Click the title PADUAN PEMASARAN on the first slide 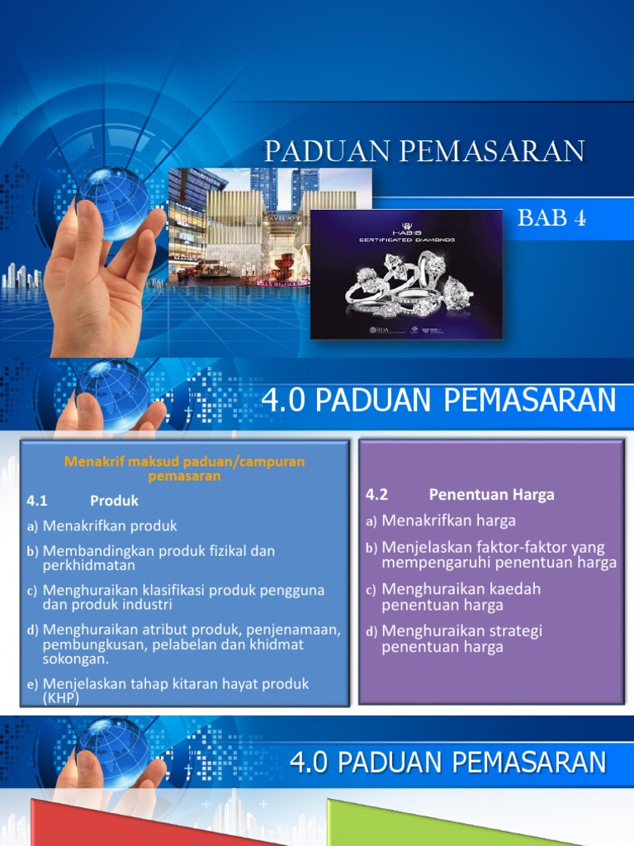[x=424, y=151]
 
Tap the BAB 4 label [x=551, y=218]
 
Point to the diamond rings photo [x=406, y=274]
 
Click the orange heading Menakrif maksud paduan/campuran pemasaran [x=185, y=468]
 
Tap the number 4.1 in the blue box [x=38, y=501]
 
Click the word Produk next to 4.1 [x=114, y=501]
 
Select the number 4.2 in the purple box [x=376, y=495]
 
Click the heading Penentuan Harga [x=491, y=495]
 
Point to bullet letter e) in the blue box [x=33, y=684]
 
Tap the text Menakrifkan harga [x=448, y=520]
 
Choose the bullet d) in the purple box [x=371, y=632]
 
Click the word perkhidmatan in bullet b [x=89, y=565]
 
